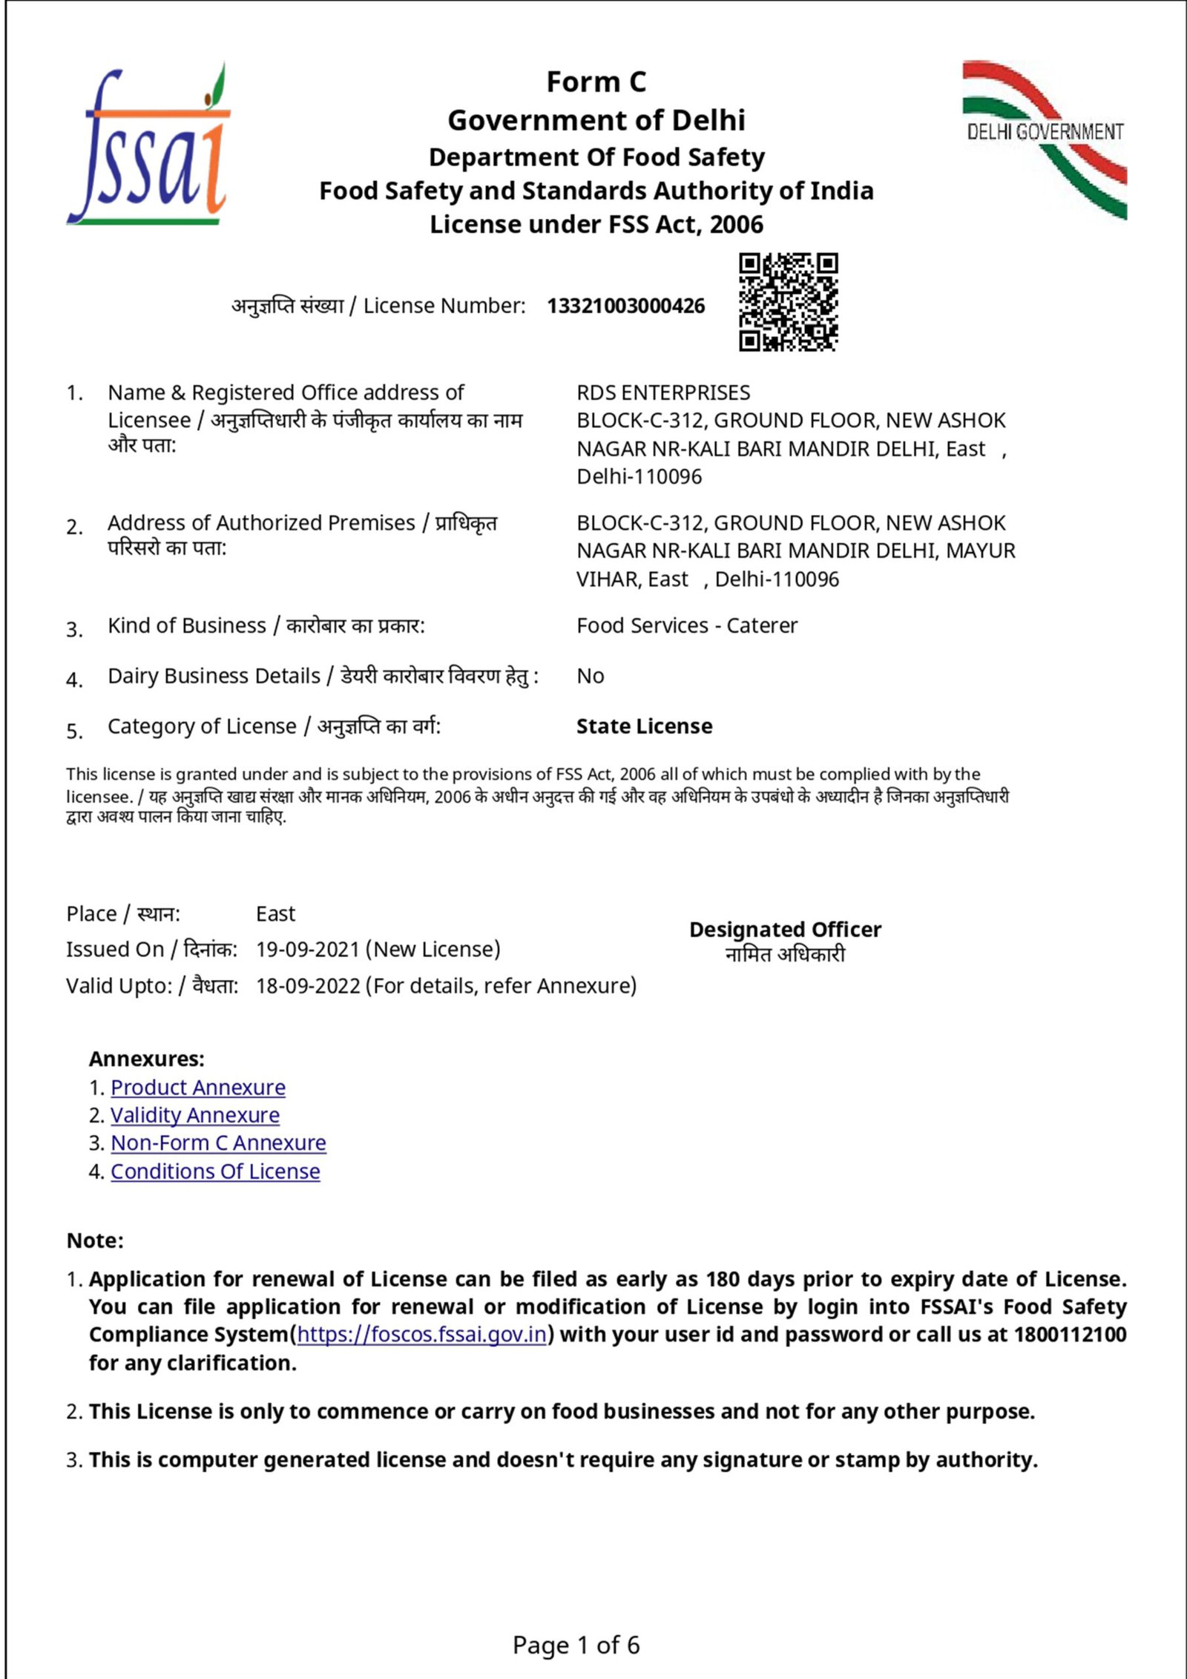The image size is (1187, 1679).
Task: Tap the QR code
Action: tap(788, 301)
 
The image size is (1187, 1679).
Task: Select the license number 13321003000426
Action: tap(625, 306)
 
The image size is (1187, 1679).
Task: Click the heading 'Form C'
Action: tap(596, 82)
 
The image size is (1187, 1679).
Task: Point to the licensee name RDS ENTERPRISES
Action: tap(663, 392)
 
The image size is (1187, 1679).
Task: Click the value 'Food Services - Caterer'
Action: tap(686, 625)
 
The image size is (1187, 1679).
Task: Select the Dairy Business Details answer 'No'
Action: tap(590, 676)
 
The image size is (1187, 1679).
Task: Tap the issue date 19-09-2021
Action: tap(307, 950)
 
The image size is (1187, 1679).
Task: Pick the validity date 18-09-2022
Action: tap(308, 986)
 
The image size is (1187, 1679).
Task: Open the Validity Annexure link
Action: tap(195, 1115)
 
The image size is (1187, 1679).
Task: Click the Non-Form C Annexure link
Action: tap(218, 1143)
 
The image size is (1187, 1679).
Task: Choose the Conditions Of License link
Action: tap(215, 1172)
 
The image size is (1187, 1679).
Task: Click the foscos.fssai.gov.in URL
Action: tap(421, 1335)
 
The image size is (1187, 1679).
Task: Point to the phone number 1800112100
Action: tap(1070, 1335)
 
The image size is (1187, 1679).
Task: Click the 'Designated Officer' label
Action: tap(785, 930)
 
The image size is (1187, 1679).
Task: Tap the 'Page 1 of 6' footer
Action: tap(576, 1646)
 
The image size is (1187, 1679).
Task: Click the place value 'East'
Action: tap(275, 913)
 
